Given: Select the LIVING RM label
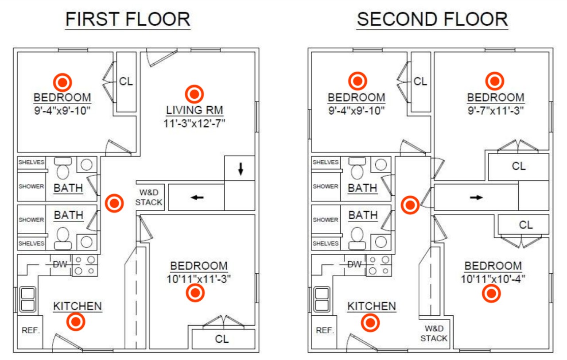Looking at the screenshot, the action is (x=194, y=110).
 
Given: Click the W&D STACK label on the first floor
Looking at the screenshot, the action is (x=149, y=197).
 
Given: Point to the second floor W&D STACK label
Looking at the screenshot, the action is (x=434, y=333).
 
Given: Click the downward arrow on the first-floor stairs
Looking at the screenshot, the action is (x=241, y=169).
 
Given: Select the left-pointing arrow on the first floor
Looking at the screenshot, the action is (x=197, y=197).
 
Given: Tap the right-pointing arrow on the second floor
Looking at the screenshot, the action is (x=476, y=197).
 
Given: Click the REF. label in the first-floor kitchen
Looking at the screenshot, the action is (x=31, y=330).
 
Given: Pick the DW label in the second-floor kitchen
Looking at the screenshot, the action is (x=354, y=264).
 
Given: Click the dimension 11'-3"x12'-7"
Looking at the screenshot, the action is (x=194, y=124).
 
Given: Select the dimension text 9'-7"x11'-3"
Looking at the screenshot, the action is (x=496, y=111).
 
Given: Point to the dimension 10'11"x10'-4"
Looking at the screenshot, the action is (x=493, y=279).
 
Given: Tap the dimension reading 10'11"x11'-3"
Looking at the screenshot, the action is (x=199, y=279).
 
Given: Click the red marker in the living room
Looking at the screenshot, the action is (x=194, y=94).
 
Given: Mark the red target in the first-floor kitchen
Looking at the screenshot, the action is (x=76, y=322).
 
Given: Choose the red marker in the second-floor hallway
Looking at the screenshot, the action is (x=410, y=205).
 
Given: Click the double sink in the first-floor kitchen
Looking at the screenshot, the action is (x=28, y=299).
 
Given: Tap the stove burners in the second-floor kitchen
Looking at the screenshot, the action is (x=379, y=265).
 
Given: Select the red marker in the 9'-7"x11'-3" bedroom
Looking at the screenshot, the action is (x=495, y=81).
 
